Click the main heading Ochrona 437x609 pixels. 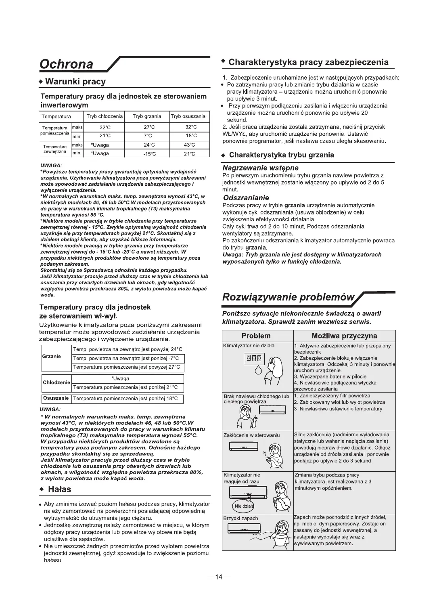(x=66, y=64)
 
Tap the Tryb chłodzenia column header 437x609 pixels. (x=105, y=116)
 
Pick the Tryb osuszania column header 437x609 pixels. (x=188, y=116)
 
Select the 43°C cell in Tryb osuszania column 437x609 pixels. (x=189, y=145)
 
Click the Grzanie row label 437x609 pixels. (x=51, y=357)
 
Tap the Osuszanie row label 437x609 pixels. (x=56, y=399)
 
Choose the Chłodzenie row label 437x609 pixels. (x=56, y=382)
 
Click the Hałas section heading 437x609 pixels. (x=59, y=489)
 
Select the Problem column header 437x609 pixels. (x=256, y=336)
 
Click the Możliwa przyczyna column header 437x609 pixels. (x=344, y=336)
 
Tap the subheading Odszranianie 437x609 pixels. (x=246, y=198)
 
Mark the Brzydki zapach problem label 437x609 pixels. (x=241, y=519)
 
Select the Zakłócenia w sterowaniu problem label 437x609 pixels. (x=251, y=435)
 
